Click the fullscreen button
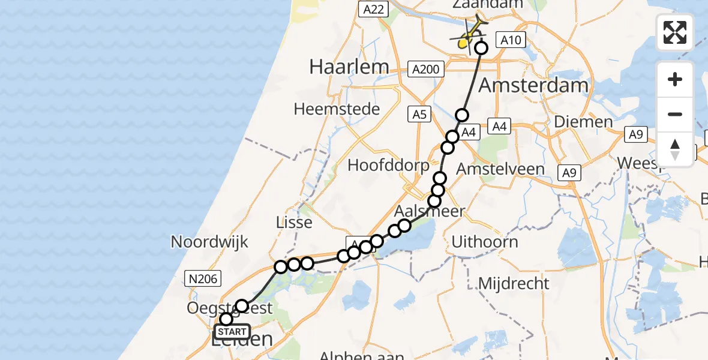coord(675,32)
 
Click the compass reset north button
coord(675,149)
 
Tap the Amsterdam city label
coord(533,85)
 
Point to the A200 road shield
coord(425,70)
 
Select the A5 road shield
coord(419,114)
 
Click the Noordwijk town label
coord(209,242)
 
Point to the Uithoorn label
coord(484,242)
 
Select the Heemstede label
coord(337,109)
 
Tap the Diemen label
coord(583,122)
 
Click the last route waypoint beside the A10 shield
coord(481,48)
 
